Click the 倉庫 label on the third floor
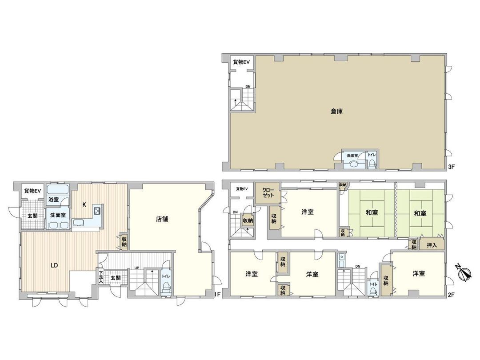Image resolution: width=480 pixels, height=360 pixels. (x=336, y=112)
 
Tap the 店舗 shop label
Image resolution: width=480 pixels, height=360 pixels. (x=162, y=219)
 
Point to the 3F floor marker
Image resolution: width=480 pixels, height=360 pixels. (x=452, y=168)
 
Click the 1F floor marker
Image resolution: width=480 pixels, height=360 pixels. (x=217, y=294)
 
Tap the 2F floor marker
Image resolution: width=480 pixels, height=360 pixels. (x=452, y=294)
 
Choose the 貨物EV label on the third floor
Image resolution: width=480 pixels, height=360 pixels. (x=241, y=62)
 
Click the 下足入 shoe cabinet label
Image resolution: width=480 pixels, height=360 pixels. (x=101, y=276)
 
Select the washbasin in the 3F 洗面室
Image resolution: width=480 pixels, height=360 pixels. (x=354, y=164)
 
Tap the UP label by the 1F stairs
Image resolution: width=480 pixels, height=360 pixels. (x=137, y=268)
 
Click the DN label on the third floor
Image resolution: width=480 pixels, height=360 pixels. (x=248, y=86)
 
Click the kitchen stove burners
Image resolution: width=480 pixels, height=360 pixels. (x=98, y=211)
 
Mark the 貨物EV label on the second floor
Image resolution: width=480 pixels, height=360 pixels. (x=241, y=189)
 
